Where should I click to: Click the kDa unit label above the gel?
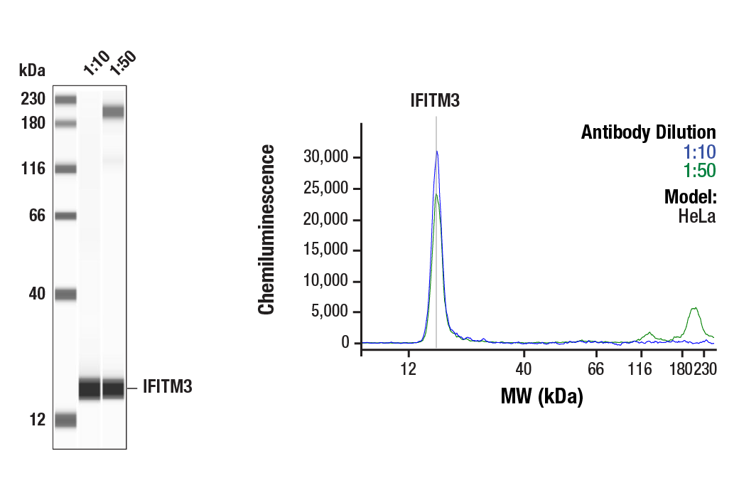tap(32, 70)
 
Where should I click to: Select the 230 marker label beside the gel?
tap(33, 99)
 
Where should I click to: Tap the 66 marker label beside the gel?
tap(37, 216)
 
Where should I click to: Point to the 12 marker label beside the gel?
tap(37, 420)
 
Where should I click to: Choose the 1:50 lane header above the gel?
tap(122, 63)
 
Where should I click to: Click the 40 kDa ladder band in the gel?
tap(65, 294)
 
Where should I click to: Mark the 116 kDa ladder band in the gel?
tap(65, 169)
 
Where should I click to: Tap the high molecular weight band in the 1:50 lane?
tap(113, 112)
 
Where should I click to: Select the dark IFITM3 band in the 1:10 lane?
tap(90, 389)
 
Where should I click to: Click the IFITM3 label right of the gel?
tap(167, 388)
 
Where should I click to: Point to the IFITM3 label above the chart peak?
tap(435, 101)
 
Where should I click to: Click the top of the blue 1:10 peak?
tap(436, 152)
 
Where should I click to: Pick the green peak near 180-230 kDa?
tap(694, 309)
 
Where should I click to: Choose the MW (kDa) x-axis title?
tap(541, 396)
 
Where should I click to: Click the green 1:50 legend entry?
tap(699, 171)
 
